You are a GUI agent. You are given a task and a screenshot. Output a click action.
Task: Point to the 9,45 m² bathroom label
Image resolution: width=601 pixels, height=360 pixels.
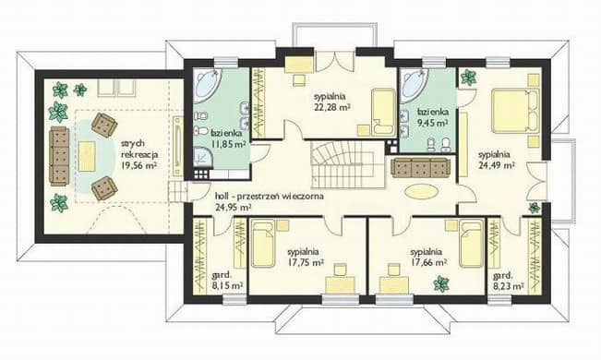click(433, 117)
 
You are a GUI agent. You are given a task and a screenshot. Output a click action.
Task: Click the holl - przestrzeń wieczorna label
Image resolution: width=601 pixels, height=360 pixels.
click(270, 201)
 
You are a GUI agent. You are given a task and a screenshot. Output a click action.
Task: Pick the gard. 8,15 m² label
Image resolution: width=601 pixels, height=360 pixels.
click(228, 281)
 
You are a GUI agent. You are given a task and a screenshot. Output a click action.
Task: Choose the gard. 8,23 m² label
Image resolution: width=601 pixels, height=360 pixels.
click(509, 281)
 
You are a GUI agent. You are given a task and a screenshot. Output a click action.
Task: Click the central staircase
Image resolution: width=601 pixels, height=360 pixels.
click(348, 165)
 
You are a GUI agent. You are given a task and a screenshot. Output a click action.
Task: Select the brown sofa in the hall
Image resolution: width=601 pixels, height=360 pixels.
click(421, 167)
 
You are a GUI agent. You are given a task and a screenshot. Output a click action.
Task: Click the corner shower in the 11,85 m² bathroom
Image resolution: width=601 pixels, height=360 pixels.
click(203, 159)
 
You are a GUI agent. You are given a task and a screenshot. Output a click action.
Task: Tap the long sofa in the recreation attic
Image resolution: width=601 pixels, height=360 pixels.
click(59, 156)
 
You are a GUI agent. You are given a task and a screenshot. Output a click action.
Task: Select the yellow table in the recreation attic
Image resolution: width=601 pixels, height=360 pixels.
click(87, 156)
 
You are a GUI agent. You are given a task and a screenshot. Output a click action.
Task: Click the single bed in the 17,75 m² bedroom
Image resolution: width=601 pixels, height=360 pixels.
click(263, 243)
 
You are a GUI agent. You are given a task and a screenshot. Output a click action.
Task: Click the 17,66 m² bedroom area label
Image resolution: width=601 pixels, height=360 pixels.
click(428, 258)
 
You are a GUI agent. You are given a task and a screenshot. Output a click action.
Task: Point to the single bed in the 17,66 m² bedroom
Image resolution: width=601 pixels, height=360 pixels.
click(472, 243)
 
